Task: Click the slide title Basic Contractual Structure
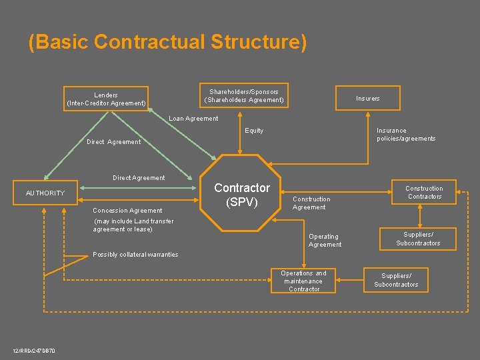(x=168, y=42)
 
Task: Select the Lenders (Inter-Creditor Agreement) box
(x=106, y=99)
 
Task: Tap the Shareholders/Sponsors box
(x=244, y=95)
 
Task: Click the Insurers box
(x=367, y=99)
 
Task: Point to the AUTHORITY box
(x=45, y=193)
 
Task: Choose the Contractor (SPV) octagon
(x=241, y=194)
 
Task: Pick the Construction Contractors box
(x=424, y=192)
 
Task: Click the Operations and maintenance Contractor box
(x=303, y=281)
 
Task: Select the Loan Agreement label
(x=193, y=119)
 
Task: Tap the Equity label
(x=254, y=131)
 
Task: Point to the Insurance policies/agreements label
(x=405, y=135)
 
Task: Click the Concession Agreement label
(x=127, y=211)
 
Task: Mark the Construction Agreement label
(x=311, y=203)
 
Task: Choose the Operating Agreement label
(x=325, y=241)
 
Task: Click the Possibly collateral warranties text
(x=135, y=255)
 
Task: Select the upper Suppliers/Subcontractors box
(x=418, y=239)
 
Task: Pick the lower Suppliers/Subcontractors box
(x=396, y=280)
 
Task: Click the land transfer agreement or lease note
(x=133, y=225)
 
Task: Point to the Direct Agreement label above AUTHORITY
(x=139, y=178)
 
